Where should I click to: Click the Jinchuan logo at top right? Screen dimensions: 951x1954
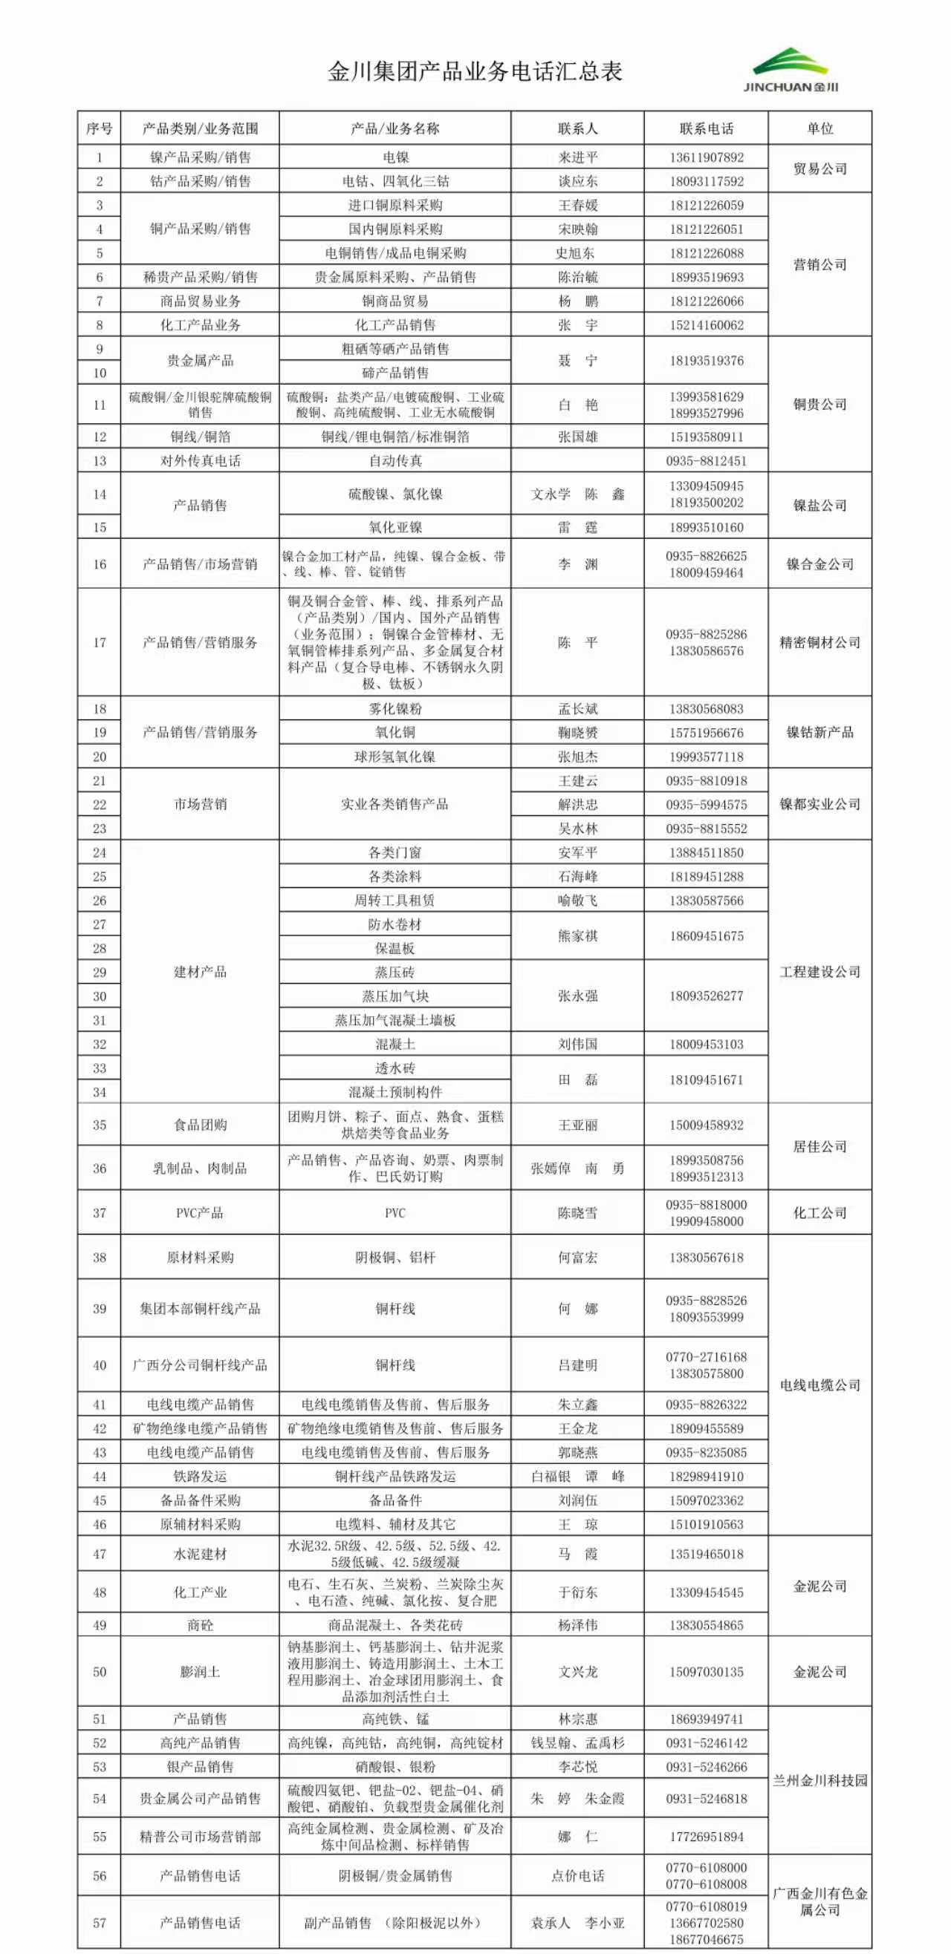(x=790, y=70)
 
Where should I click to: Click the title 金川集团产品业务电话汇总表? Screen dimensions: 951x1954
(x=475, y=71)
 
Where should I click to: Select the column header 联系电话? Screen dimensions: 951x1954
(x=706, y=128)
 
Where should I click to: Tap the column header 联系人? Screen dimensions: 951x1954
(x=577, y=128)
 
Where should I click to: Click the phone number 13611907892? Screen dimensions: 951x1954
(x=706, y=157)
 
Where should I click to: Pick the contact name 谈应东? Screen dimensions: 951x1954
(x=577, y=181)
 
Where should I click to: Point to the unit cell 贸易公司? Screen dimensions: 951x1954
(x=819, y=169)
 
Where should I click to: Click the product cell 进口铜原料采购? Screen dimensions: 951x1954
(x=395, y=205)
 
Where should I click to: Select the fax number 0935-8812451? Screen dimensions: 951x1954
(x=706, y=460)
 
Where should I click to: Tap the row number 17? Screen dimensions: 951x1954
(x=100, y=642)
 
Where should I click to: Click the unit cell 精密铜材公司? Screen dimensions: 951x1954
(x=819, y=642)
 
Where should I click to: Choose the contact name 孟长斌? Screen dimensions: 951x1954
(x=577, y=708)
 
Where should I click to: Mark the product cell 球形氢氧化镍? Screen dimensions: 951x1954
(x=395, y=757)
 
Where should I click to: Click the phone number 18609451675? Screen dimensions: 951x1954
(x=706, y=936)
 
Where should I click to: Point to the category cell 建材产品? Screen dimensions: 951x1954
(x=200, y=972)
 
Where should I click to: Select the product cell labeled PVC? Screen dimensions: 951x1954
(x=395, y=1213)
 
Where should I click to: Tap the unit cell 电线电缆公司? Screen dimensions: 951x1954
(x=819, y=1385)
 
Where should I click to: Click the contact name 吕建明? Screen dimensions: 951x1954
(x=577, y=1365)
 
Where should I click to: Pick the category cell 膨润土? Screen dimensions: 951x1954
(x=200, y=1672)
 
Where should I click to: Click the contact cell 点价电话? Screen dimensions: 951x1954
(x=577, y=1876)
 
